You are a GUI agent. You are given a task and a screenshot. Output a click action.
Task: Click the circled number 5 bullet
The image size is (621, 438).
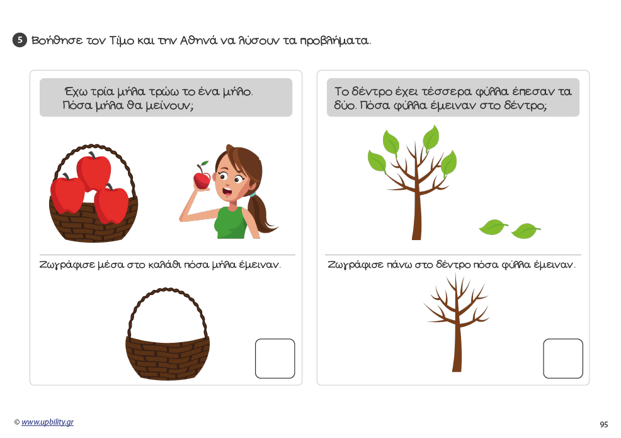coord(20,40)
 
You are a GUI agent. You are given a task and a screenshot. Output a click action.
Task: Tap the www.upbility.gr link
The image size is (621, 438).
coord(47,422)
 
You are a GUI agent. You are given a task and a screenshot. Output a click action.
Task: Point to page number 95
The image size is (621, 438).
coord(603,425)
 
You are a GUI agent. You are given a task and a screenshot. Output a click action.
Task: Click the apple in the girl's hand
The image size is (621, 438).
coord(202,179)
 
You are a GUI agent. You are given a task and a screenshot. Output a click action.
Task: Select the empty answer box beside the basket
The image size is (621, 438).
coord(275,359)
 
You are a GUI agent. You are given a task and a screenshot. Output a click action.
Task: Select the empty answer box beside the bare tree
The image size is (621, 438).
coord(563,359)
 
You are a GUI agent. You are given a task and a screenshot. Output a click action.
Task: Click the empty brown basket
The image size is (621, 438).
coord(168,357)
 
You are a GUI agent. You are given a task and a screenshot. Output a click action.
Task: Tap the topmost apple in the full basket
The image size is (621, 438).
coord(94,171)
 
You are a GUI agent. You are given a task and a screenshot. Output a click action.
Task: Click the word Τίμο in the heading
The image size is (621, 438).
coord(122,40)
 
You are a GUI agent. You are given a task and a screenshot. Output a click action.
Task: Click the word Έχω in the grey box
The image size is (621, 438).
coord(75,91)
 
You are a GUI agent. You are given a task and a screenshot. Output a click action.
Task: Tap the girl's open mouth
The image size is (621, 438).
coord(227,192)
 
